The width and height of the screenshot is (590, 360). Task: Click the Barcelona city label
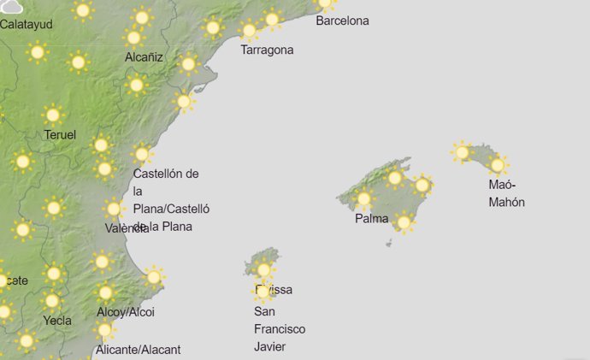[x=342, y=21]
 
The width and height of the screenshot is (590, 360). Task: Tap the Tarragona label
[x=267, y=50]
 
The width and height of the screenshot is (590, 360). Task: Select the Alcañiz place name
[x=143, y=57]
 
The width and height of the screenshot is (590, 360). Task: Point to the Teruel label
[x=60, y=134]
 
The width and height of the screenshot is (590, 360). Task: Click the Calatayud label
[x=27, y=24]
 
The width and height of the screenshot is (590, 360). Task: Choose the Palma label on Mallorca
[x=373, y=218]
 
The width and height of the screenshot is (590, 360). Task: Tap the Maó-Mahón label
[x=506, y=193]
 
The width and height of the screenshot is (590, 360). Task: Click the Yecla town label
[x=57, y=321]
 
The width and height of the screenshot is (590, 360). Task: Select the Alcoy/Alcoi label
[x=126, y=312]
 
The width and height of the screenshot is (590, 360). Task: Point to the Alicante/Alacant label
[x=139, y=349]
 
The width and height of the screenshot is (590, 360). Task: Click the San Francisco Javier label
[x=280, y=329]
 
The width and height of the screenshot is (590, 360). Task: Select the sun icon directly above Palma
[x=364, y=199]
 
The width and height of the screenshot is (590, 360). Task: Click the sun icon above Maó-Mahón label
[x=498, y=164]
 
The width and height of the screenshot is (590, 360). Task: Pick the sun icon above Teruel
[x=53, y=115]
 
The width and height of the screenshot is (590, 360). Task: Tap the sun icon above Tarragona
[x=249, y=32]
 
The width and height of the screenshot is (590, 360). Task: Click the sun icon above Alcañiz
[x=133, y=38]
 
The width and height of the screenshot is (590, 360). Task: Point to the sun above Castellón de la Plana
[x=142, y=154]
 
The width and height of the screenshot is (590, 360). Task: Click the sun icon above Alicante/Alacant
[x=105, y=329]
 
